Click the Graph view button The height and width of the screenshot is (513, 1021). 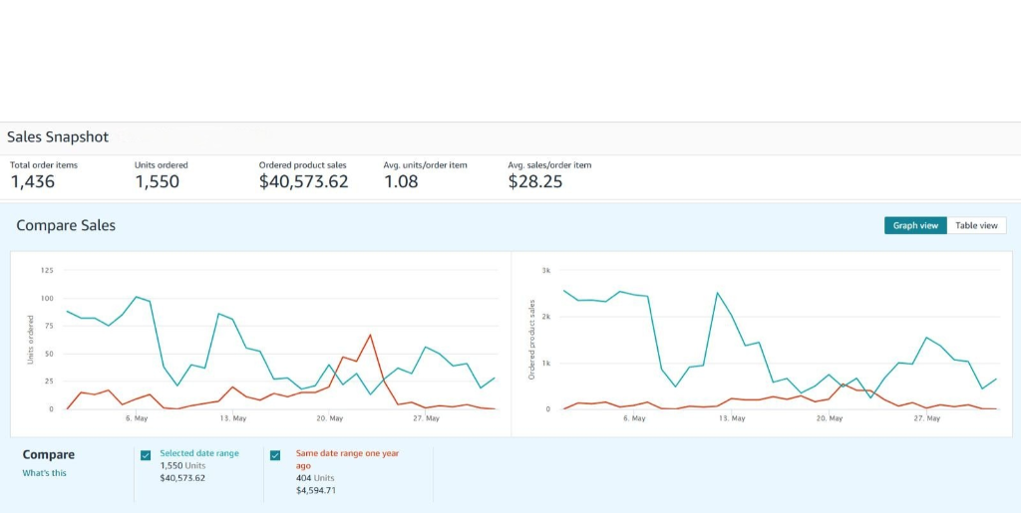point(915,226)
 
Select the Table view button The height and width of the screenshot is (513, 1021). point(976,226)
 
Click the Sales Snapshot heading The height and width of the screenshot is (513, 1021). point(58,136)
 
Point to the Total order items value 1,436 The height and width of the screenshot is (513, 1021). point(33,181)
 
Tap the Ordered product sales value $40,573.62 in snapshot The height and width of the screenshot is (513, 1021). point(303,181)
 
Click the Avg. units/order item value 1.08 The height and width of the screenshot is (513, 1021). point(401,181)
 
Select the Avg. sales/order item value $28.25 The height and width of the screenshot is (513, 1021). point(535,181)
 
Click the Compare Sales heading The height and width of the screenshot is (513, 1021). point(66,225)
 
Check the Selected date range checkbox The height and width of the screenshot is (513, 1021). point(146,455)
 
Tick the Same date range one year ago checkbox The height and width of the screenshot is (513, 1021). point(275,455)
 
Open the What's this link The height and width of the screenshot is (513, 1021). point(45,473)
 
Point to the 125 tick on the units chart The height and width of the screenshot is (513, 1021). point(47,270)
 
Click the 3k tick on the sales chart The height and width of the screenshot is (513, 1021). point(545,270)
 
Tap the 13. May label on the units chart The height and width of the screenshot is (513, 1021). point(233,418)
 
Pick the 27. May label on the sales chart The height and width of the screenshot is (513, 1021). point(927,418)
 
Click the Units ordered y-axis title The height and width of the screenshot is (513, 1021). point(31,339)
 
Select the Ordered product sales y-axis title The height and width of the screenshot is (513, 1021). point(532,339)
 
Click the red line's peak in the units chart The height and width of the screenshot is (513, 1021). point(370,335)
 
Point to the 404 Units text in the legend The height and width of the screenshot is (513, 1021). point(316,478)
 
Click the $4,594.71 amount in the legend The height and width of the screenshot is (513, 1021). point(316,490)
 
